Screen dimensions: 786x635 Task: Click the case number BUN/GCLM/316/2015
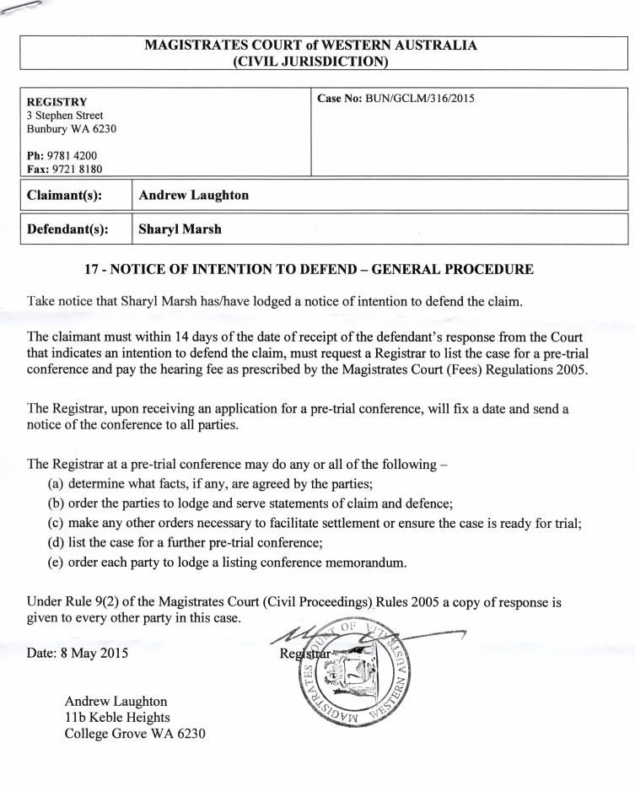coord(419,99)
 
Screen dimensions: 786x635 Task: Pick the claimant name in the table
coord(193,195)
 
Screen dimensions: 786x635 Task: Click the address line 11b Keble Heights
coord(117,717)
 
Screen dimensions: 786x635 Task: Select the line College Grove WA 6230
coord(135,733)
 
